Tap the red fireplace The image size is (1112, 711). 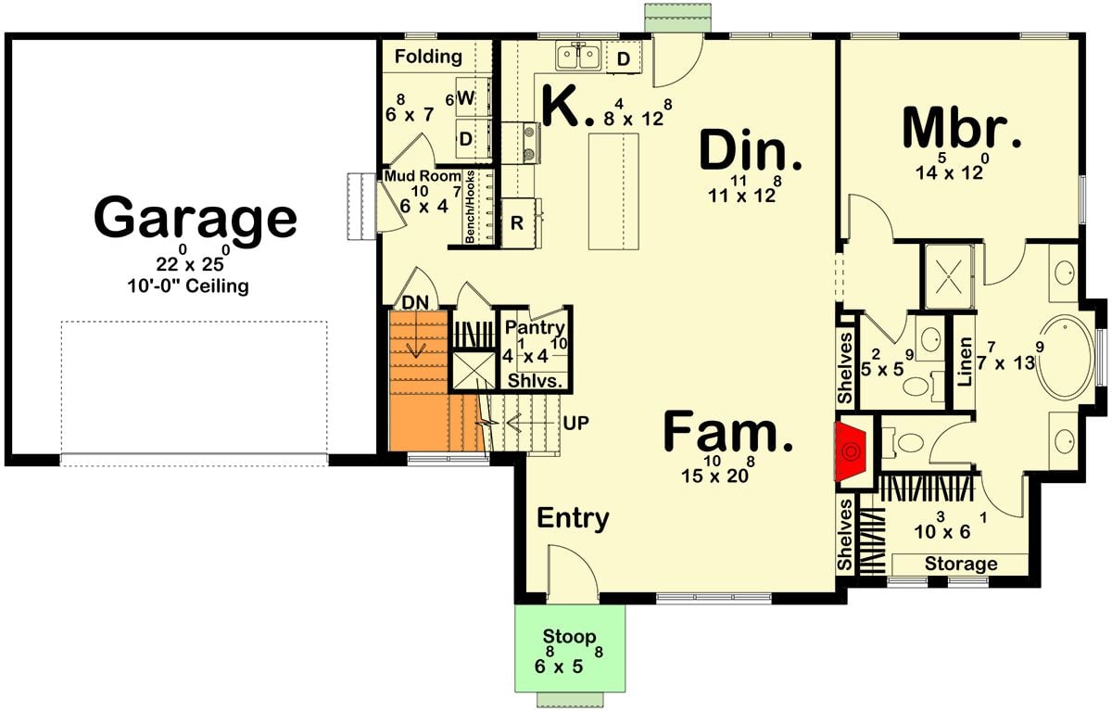(x=852, y=452)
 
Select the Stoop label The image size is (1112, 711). (x=569, y=637)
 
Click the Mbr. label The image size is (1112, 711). (x=962, y=130)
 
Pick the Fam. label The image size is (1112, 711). (x=729, y=434)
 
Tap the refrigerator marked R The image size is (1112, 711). (x=517, y=223)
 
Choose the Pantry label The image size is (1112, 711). (x=535, y=327)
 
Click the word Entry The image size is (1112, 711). (x=573, y=518)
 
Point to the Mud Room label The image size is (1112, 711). (x=423, y=175)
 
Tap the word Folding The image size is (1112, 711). (x=428, y=57)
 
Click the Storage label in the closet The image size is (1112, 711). (x=960, y=564)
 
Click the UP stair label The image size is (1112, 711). (x=575, y=422)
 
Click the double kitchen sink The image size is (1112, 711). (x=579, y=57)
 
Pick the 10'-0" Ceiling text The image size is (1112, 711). (x=188, y=286)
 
